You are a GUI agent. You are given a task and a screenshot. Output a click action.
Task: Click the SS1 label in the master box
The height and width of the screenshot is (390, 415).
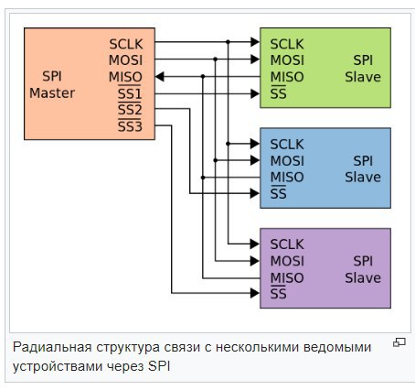point(130,93)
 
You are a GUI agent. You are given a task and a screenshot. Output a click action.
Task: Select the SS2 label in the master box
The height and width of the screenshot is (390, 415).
point(130,109)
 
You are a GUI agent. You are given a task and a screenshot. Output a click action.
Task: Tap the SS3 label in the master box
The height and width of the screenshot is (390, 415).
point(130,125)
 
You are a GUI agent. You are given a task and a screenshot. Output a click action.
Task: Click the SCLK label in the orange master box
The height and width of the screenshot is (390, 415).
point(126,44)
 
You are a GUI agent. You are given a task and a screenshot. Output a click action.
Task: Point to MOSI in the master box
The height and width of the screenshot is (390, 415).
point(125,60)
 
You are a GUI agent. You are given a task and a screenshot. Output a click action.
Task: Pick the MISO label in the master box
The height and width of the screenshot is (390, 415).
point(125,77)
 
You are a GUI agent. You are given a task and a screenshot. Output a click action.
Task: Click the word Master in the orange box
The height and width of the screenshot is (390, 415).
point(52,93)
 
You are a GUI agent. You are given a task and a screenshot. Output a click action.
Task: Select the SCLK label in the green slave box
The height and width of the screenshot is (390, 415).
point(287,44)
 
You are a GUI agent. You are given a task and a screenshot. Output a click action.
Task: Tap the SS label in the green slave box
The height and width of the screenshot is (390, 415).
point(279,93)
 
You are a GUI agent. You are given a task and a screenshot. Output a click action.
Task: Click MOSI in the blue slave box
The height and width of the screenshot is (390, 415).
point(287,161)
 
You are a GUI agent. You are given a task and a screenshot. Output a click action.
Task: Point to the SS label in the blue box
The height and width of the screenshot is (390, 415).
point(279,193)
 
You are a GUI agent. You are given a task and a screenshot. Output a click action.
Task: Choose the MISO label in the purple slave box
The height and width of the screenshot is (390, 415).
point(287,278)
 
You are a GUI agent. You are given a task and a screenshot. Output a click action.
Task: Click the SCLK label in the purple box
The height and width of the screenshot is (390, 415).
point(287,244)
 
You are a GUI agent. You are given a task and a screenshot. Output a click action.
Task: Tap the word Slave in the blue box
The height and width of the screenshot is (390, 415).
point(363,178)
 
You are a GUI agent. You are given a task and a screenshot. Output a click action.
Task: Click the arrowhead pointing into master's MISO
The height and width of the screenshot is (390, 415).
point(160,76)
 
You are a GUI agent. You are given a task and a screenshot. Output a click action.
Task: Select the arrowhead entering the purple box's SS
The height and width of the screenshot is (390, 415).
point(255,293)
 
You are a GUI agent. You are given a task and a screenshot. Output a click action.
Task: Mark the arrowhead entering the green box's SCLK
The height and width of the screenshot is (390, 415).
point(255,42)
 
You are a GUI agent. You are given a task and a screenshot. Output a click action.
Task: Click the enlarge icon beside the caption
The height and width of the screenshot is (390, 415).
point(399,342)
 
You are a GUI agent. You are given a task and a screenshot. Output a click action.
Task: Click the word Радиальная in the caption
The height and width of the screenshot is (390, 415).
point(52,348)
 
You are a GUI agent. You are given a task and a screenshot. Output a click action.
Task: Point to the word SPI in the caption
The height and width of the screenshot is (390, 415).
point(159,366)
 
